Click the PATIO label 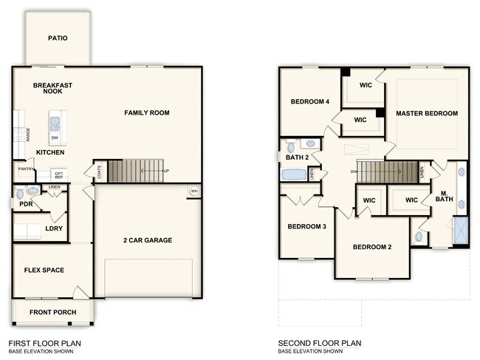coord(58,38)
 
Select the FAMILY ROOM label coord(146,113)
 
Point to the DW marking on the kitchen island coord(55,137)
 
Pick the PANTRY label coord(24,169)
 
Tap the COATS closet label coord(99,172)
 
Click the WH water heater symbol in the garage coord(194,191)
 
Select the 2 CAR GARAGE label coord(148,240)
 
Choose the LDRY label coord(54,228)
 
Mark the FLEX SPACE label coord(44,270)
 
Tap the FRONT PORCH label coord(52,312)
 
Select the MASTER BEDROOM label coord(426,113)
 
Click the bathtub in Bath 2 coord(293,175)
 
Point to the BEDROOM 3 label coord(307,226)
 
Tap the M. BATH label coord(444,196)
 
